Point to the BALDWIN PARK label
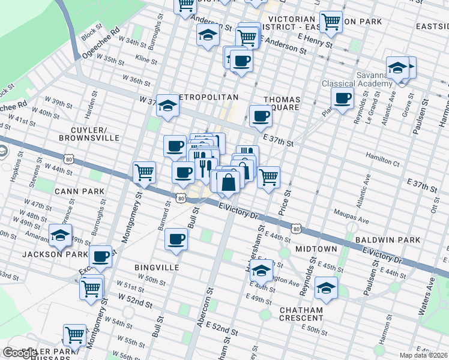(387, 240)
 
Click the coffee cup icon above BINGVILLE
(176, 239)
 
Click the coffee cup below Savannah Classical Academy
(343, 98)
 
